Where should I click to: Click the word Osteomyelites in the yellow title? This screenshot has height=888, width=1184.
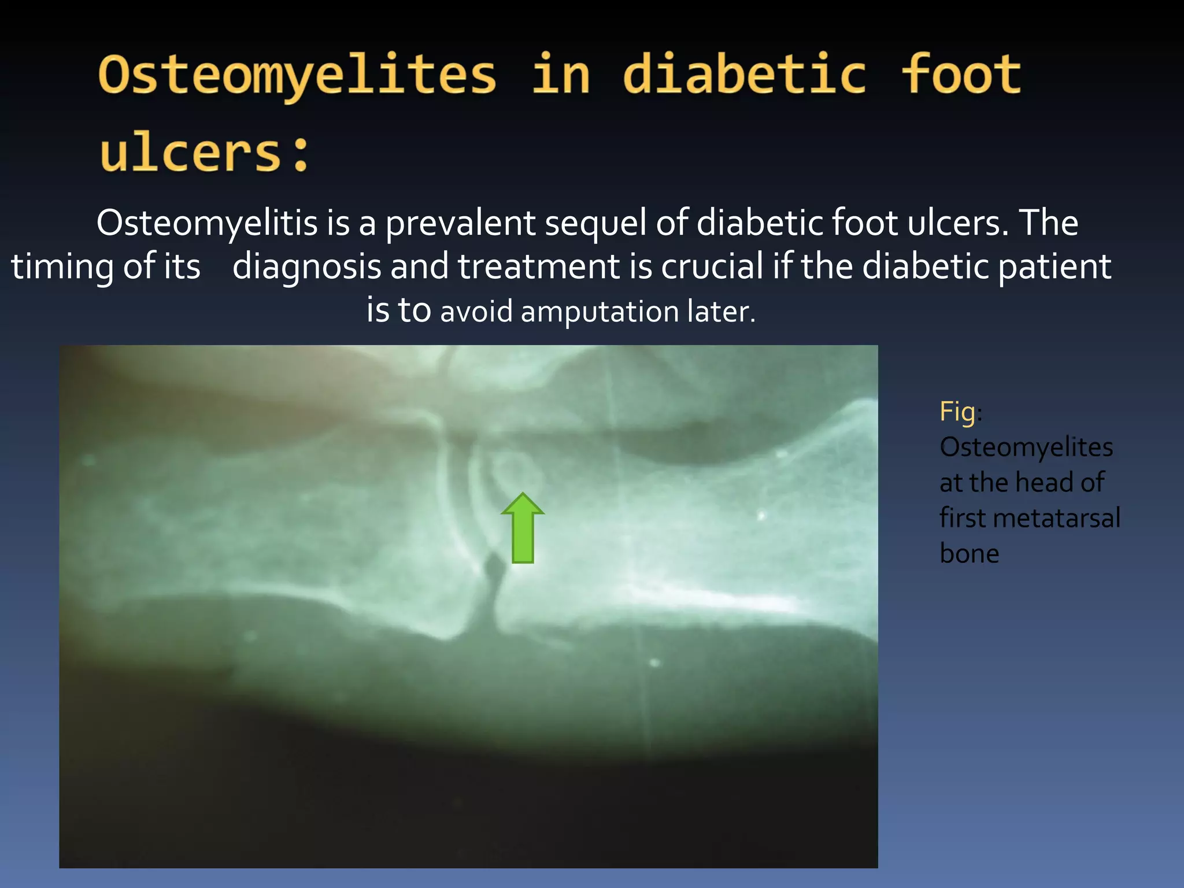(297, 75)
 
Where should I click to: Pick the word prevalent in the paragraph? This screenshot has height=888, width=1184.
(460, 223)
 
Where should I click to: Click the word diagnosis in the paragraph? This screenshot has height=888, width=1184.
(306, 267)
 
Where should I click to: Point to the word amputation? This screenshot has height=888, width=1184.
(600, 312)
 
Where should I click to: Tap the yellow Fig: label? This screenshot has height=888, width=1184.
(960, 412)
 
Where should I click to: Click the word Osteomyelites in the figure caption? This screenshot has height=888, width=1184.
(1026, 447)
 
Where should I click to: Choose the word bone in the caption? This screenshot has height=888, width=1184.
(970, 554)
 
